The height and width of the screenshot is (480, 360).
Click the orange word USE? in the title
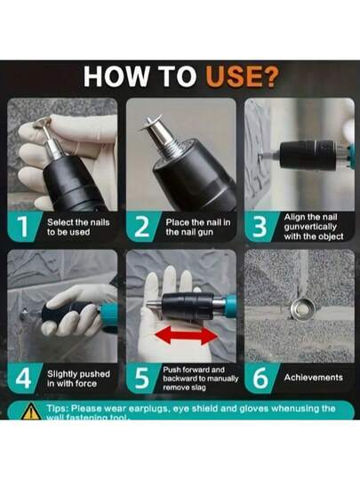point(242,76)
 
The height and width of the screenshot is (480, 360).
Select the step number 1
point(22,227)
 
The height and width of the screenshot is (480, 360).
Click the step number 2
point(142,227)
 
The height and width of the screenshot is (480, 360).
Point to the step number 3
point(260,227)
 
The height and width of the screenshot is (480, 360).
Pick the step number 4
point(23,379)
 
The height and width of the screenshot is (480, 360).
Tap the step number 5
point(141,379)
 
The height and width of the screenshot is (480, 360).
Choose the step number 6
point(260,379)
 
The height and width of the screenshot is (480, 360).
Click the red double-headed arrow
point(187,335)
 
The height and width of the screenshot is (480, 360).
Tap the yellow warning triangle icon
point(30,412)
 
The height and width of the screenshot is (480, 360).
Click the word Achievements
point(313,378)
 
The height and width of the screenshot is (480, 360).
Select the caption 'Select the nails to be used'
point(78,228)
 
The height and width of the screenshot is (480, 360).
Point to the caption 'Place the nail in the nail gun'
point(198,228)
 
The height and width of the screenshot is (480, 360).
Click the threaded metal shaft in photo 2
point(175,148)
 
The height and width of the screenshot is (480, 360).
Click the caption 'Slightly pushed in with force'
point(78,379)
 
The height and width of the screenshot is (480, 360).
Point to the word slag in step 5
point(199,388)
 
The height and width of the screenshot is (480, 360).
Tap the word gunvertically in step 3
point(310,227)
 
